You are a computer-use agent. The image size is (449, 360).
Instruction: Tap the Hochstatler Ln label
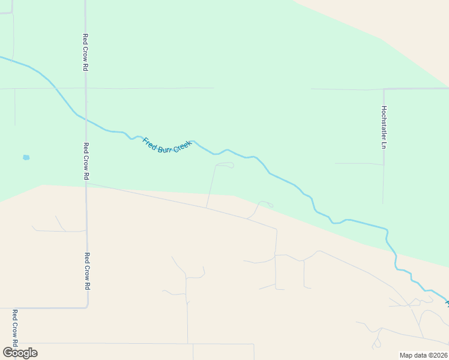pyautogui.click(x=384, y=127)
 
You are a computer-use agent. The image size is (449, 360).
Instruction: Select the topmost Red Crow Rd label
pyautogui.click(x=86, y=53)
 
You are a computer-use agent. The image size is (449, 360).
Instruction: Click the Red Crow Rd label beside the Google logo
pyautogui.click(x=15, y=328)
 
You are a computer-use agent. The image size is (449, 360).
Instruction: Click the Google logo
pyautogui.click(x=20, y=352)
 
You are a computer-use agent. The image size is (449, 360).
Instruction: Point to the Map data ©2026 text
pyautogui.click(x=423, y=355)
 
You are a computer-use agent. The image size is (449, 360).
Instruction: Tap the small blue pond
pyautogui.click(x=26, y=158)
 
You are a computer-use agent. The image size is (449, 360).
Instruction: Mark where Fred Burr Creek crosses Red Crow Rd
pyautogui.click(x=85, y=119)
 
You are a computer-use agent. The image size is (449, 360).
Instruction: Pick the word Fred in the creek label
pyautogui.click(x=148, y=142)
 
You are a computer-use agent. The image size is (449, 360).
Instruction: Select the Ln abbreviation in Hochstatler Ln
pyautogui.click(x=384, y=145)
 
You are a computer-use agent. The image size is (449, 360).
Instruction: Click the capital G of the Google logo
pyautogui.click(x=8, y=352)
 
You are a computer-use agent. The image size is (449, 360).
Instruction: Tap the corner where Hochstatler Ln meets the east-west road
pyautogui.click(x=384, y=89)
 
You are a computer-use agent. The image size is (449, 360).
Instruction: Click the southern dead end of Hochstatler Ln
pyautogui.click(x=384, y=203)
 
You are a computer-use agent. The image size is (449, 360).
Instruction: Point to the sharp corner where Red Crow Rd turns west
pyautogui.click(x=88, y=307)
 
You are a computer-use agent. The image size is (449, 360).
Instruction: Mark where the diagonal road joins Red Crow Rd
pyautogui.click(x=86, y=184)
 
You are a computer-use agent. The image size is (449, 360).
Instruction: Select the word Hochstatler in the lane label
pyautogui.click(x=384, y=122)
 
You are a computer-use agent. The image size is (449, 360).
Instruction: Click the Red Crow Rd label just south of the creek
pyautogui.click(x=86, y=161)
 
